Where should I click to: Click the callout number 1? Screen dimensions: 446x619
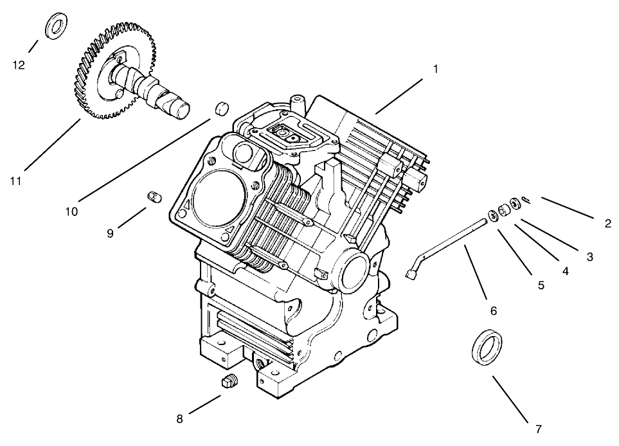click(436, 69)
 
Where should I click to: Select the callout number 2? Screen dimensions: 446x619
click(607, 224)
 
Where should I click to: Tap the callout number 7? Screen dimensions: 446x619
click(539, 429)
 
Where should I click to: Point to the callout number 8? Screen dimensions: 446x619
click(180, 419)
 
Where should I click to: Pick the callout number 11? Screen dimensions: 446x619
click(16, 181)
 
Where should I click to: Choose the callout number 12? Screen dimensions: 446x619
click(19, 65)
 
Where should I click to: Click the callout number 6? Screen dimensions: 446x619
click(494, 310)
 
